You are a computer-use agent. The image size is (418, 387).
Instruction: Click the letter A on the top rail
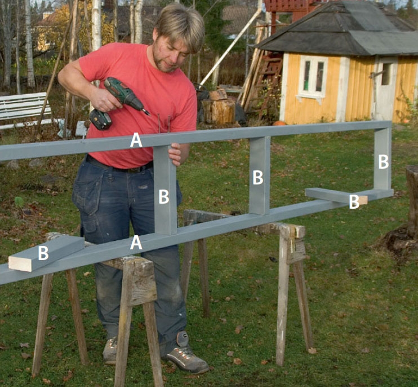[136, 140]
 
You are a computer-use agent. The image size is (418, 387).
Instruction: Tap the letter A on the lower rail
[136, 243]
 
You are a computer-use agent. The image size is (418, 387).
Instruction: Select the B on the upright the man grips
[164, 197]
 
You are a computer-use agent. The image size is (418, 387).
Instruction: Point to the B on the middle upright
[258, 178]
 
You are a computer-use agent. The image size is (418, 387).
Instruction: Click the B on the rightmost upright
[383, 162]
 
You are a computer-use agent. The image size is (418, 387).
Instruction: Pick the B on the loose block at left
[43, 253]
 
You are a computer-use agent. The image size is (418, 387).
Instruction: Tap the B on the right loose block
[354, 202]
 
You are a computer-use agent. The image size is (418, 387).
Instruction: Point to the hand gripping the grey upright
[175, 154]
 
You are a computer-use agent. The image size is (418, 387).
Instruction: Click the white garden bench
[25, 110]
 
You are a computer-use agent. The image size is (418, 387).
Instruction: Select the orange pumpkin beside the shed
[279, 123]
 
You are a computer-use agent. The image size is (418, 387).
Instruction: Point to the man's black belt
[120, 165]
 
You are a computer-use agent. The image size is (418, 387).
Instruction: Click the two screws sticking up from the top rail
[164, 124]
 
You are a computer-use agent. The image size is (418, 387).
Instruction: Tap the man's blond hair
[180, 25]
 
